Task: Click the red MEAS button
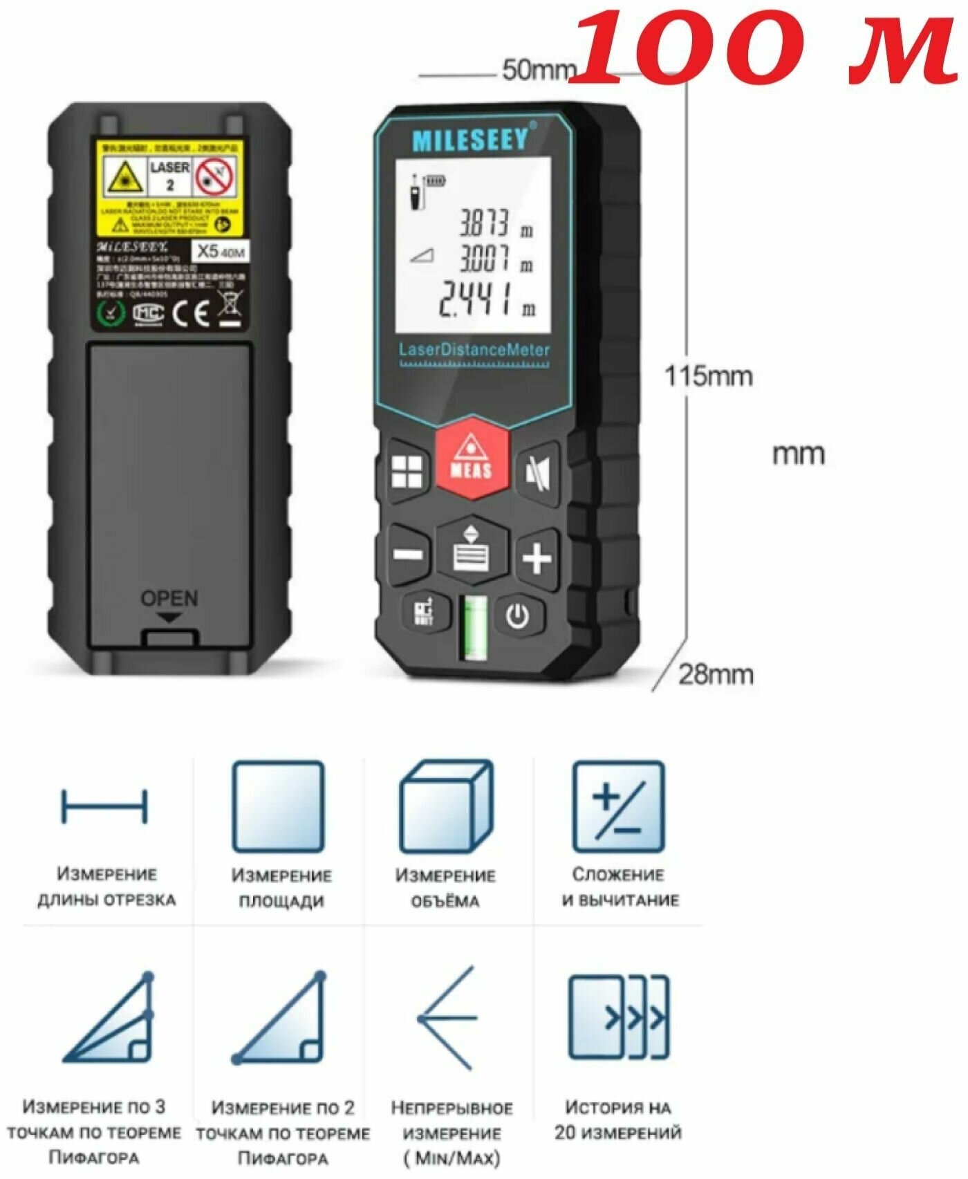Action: point(472,458)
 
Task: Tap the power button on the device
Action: point(518,615)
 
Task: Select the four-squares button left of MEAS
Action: point(407,473)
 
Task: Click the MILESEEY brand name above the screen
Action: point(470,140)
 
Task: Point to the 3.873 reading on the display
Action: point(485,223)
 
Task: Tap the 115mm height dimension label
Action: point(708,376)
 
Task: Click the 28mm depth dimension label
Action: point(715,674)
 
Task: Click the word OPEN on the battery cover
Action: point(169,598)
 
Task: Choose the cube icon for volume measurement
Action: point(447,806)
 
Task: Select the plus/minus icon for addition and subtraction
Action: point(618,806)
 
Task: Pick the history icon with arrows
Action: point(618,1017)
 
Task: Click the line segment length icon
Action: point(104,806)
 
